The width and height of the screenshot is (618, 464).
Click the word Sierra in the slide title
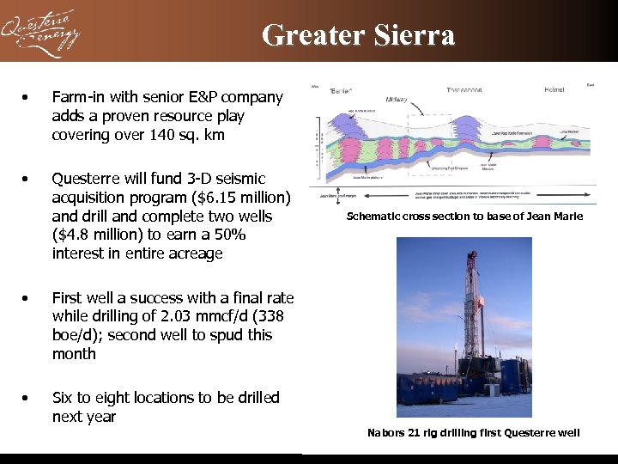415,34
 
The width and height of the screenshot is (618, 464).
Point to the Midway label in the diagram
396,100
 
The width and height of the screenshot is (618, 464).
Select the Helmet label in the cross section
554,89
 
